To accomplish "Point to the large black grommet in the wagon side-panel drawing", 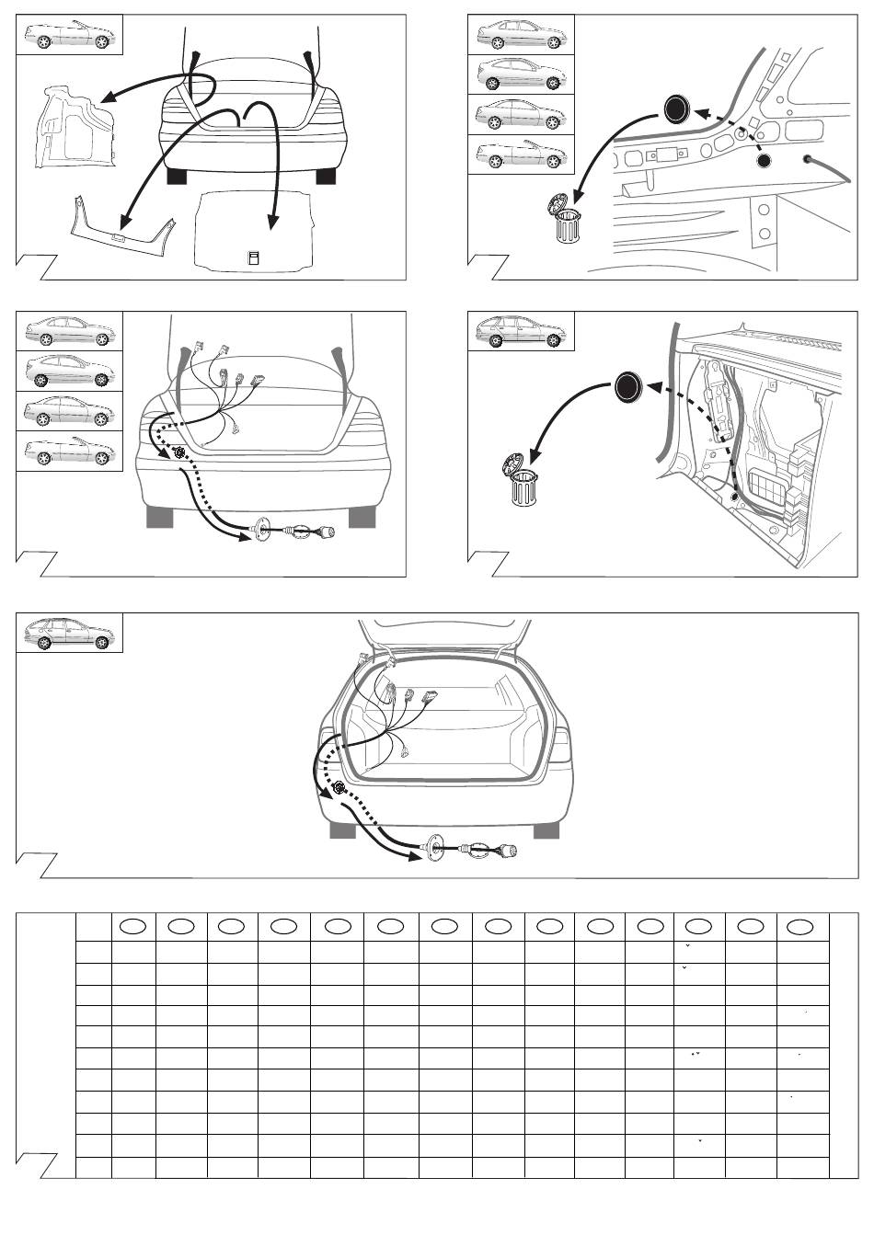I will pyautogui.click(x=627, y=387).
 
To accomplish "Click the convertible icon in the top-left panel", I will pyautogui.click(x=70, y=35).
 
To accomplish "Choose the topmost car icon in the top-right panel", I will pyautogui.click(x=522, y=35).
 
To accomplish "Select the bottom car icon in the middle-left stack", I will pyautogui.click(x=70, y=452).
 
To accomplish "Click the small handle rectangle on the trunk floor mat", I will pyautogui.click(x=255, y=257).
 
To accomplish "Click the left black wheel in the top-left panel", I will pyautogui.click(x=178, y=175).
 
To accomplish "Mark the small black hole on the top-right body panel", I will pyautogui.click(x=763, y=162).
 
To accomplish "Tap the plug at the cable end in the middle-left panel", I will pyautogui.click(x=327, y=532).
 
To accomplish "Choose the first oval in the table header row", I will pyautogui.click(x=132, y=926).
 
